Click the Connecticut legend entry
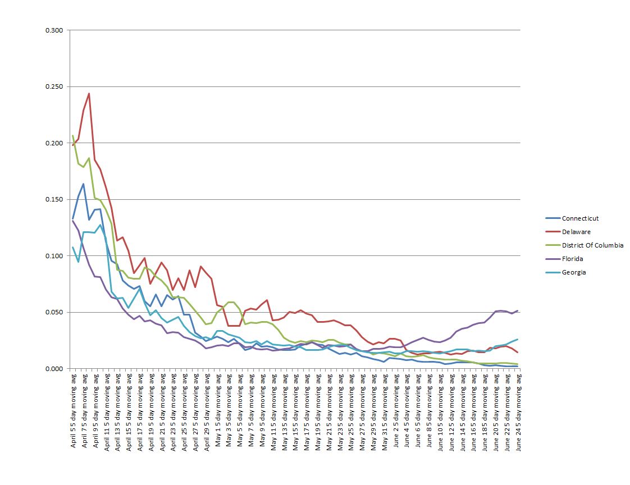581,218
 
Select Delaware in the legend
576,232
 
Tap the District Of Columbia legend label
592,245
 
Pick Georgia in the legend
574,272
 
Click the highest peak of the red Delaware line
89,94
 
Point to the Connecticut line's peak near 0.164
84,184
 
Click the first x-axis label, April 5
74,404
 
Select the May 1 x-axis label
218,404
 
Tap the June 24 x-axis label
517,404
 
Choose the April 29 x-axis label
207,404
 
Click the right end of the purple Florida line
517,310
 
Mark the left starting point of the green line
73,136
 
